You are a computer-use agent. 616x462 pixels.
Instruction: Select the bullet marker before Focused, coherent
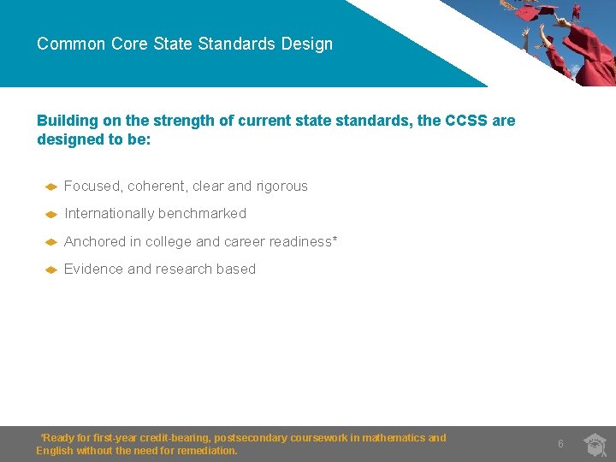(50, 187)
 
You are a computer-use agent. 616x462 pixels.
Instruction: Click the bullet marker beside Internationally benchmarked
(50, 214)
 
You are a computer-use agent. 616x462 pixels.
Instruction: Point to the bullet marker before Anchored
(50, 242)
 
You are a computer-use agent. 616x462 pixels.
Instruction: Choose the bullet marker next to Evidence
(50, 269)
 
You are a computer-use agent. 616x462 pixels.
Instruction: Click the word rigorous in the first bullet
(281, 187)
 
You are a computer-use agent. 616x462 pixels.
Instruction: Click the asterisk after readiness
(335, 240)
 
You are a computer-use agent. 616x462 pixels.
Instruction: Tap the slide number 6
(560, 444)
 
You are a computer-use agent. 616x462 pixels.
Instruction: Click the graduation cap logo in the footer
(595, 445)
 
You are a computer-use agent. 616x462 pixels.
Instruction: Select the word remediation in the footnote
(207, 451)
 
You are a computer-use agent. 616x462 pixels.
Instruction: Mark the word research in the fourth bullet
(183, 269)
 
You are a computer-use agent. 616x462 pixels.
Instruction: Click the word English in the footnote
(54, 451)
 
